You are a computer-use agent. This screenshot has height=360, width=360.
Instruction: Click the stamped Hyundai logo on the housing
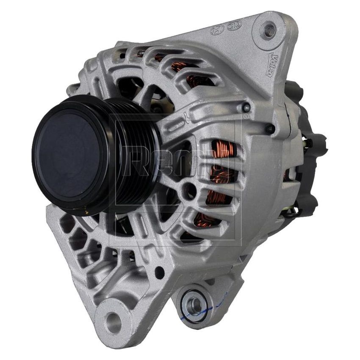pos(216,30)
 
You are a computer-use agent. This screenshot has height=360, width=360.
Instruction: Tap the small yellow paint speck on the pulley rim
pos(86,210)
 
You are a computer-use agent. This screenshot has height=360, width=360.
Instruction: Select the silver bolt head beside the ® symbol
pos(246,107)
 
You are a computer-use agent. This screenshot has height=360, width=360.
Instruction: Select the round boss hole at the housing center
pos(189,191)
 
